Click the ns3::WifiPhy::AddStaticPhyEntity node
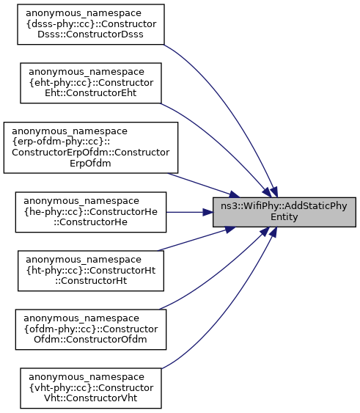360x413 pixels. point(284,212)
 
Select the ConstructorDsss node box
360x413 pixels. point(91,24)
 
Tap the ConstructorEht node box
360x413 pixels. point(91,83)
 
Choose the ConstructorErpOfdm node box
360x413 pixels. point(91,147)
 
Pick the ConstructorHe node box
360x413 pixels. point(91,212)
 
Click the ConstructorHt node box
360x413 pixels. point(91,271)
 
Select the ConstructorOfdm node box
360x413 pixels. point(91,329)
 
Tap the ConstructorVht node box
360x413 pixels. point(91,388)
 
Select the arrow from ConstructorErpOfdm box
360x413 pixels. point(203,185)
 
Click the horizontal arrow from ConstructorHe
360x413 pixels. point(190,212)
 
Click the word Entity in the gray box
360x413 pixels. point(284,217)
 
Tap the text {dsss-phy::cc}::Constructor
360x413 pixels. point(91,24)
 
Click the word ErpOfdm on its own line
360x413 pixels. point(90,164)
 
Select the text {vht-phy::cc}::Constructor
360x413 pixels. point(91,388)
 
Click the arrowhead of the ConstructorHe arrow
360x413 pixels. point(207,212)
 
